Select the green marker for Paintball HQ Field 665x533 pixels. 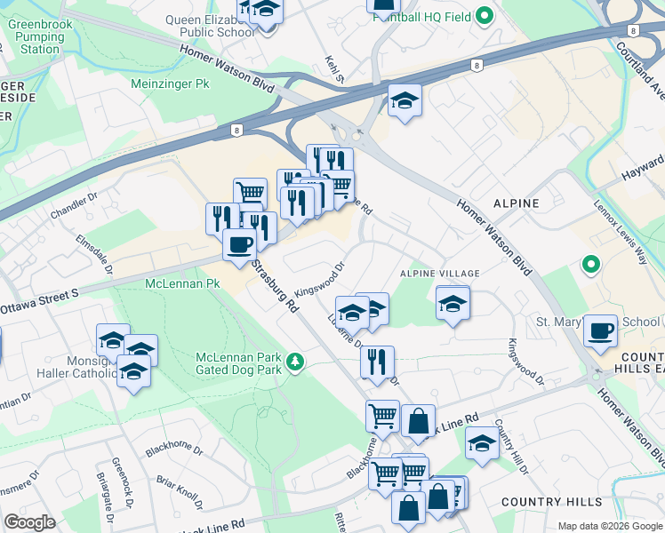pyautogui.click(x=485, y=15)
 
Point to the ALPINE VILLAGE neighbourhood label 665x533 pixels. pyautogui.click(x=440, y=273)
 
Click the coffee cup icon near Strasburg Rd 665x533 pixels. pyautogui.click(x=238, y=244)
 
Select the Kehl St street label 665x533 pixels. pyautogui.click(x=334, y=68)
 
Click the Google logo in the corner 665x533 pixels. pyautogui.click(x=29, y=522)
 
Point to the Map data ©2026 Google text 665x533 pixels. pyautogui.click(x=610, y=526)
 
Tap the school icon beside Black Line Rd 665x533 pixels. pyautogui.click(x=482, y=443)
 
